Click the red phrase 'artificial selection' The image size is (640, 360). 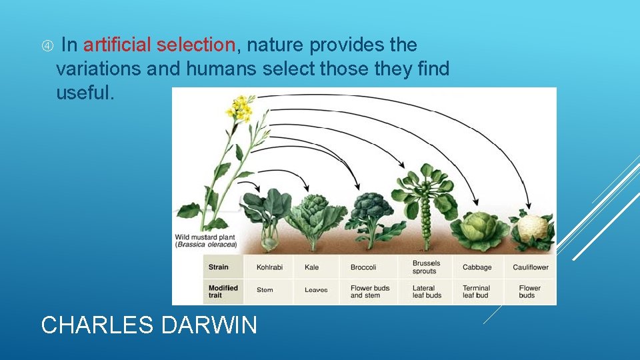(x=159, y=45)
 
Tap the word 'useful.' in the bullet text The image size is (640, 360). (x=85, y=93)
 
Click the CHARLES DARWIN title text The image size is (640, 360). (x=149, y=325)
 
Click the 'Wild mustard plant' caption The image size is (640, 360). (x=206, y=241)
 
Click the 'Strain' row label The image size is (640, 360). (x=219, y=267)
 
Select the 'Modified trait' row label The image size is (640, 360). (x=223, y=292)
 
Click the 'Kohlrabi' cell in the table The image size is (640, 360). (x=269, y=267)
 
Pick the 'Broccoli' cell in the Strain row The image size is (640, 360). (x=363, y=267)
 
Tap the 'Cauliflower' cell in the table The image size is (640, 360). (x=531, y=267)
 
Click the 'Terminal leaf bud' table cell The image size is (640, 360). (x=475, y=292)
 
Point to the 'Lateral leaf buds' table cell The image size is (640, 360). (x=427, y=292)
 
